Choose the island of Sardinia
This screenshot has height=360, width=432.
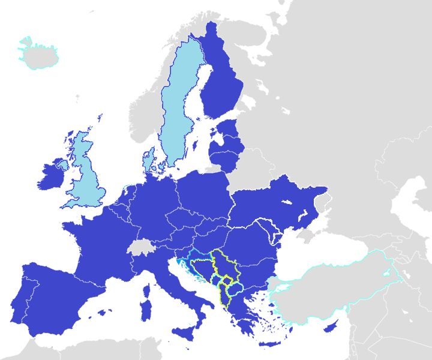pyautogui.click(x=145, y=306)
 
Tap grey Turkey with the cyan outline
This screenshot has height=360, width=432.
pyautogui.click(x=336, y=288)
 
